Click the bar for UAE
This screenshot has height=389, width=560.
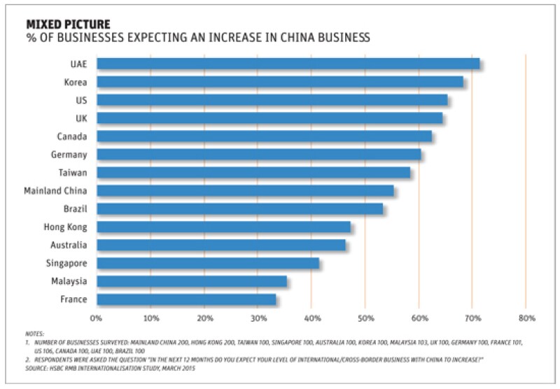click(288, 64)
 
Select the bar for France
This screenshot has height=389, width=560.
click(186, 299)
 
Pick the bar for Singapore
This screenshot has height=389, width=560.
click(208, 263)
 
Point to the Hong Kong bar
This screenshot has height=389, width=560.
click(223, 227)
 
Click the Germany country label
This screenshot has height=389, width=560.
click(69, 154)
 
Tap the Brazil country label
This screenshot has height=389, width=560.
click(73, 208)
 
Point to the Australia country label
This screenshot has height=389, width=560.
click(69, 245)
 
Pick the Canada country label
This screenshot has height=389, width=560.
click(72, 136)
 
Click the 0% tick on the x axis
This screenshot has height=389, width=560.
click(97, 318)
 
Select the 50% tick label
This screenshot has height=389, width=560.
click(365, 318)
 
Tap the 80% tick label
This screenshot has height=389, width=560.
click(526, 318)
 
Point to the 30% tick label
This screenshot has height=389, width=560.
click(258, 318)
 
